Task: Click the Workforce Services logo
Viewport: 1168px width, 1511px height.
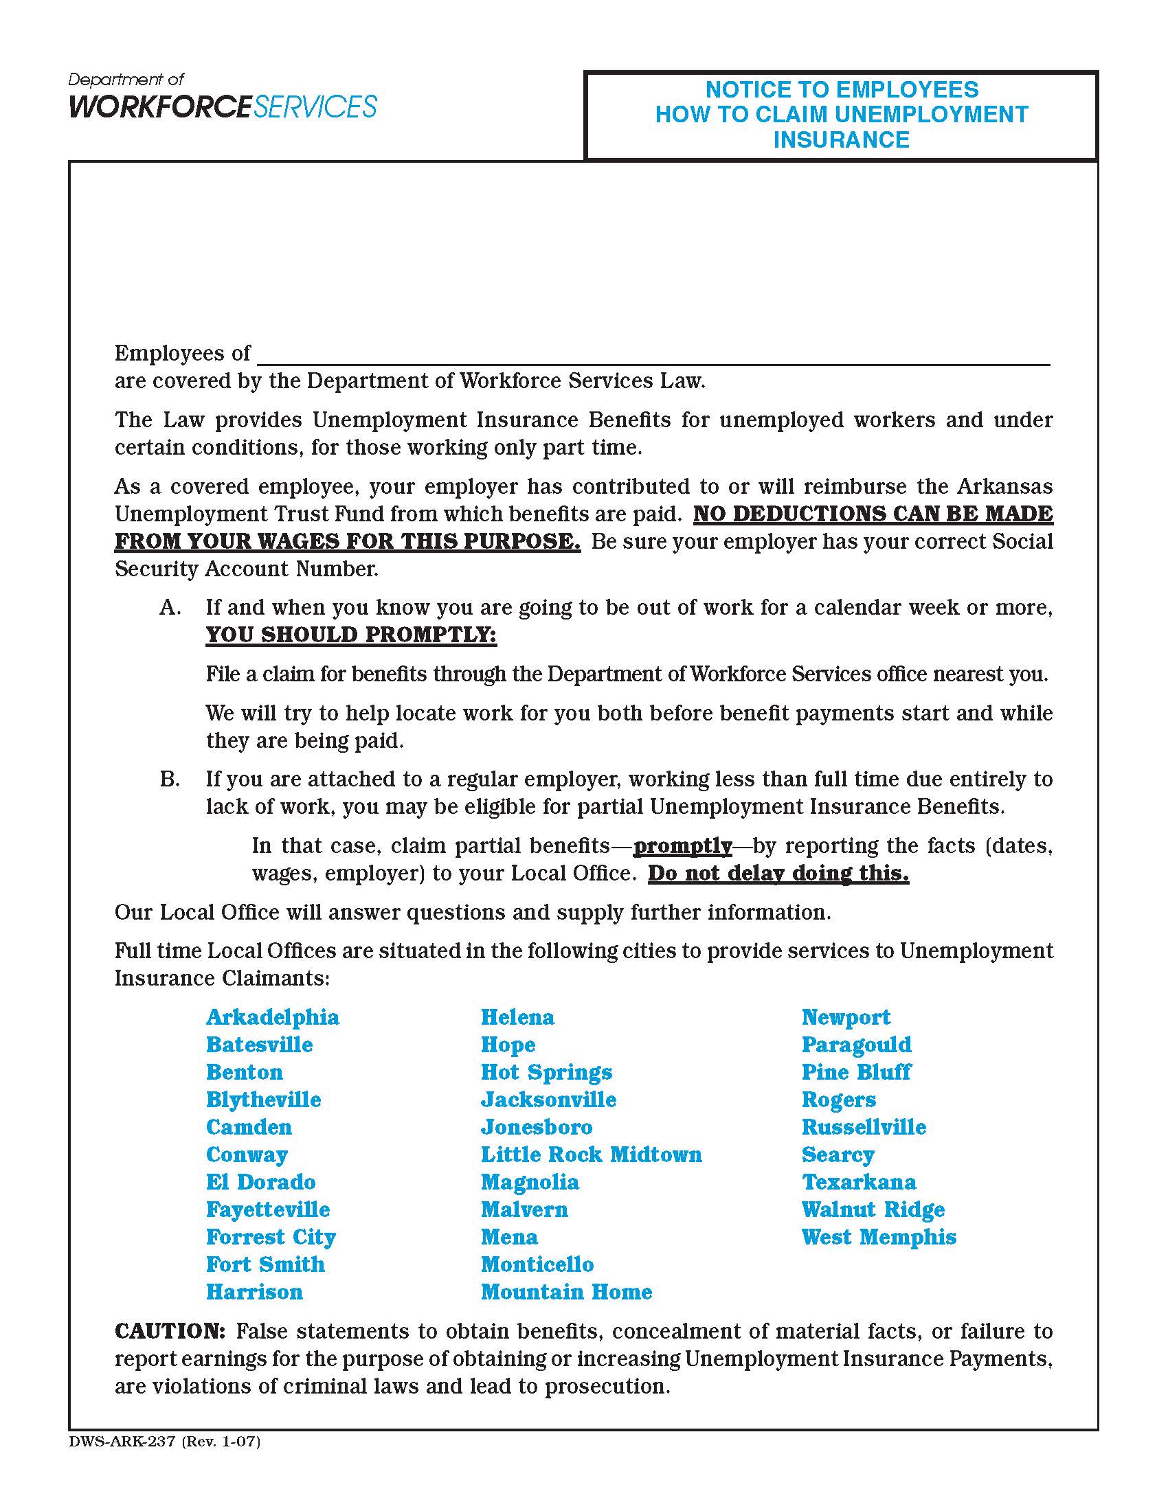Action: tap(222, 98)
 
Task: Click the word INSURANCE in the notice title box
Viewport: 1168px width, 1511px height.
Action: tap(841, 139)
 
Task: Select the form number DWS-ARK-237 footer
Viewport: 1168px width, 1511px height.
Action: tap(165, 1442)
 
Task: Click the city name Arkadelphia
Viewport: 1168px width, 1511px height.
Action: tap(273, 1018)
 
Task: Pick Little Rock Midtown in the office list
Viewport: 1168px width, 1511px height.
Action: tap(591, 1155)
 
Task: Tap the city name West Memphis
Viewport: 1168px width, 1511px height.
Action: tap(878, 1237)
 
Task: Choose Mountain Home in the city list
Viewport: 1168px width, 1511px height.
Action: tap(566, 1292)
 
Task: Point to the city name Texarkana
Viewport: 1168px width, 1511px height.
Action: tap(858, 1183)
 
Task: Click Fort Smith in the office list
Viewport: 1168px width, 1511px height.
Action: tap(265, 1264)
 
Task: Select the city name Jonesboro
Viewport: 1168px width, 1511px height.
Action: tap(537, 1128)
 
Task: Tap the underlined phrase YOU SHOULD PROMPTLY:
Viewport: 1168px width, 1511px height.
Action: tap(351, 635)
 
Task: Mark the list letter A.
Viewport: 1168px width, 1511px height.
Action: tap(170, 607)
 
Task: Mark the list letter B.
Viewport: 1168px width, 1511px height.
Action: tap(170, 779)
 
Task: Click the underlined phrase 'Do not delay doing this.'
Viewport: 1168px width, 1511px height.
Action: tap(778, 873)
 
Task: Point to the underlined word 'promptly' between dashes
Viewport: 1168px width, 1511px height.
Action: tap(682, 846)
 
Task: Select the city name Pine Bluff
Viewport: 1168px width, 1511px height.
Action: tap(856, 1072)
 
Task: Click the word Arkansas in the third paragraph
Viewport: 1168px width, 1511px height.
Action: tap(1004, 486)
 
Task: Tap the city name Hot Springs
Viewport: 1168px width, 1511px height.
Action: tap(546, 1072)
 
